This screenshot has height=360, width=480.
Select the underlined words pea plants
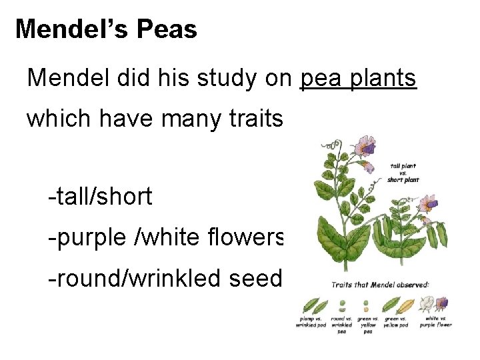click(x=359, y=78)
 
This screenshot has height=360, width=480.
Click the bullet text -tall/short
click(x=100, y=197)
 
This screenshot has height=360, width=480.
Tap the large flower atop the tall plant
click(x=364, y=145)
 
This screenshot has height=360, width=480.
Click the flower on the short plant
click(x=428, y=203)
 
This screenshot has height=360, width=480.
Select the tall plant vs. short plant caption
click(x=404, y=173)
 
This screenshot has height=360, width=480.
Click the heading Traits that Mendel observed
click(x=381, y=285)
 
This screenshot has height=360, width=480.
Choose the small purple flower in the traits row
click(x=441, y=305)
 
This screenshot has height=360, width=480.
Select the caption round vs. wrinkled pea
click(x=341, y=325)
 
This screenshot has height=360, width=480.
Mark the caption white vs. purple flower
click(x=436, y=322)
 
